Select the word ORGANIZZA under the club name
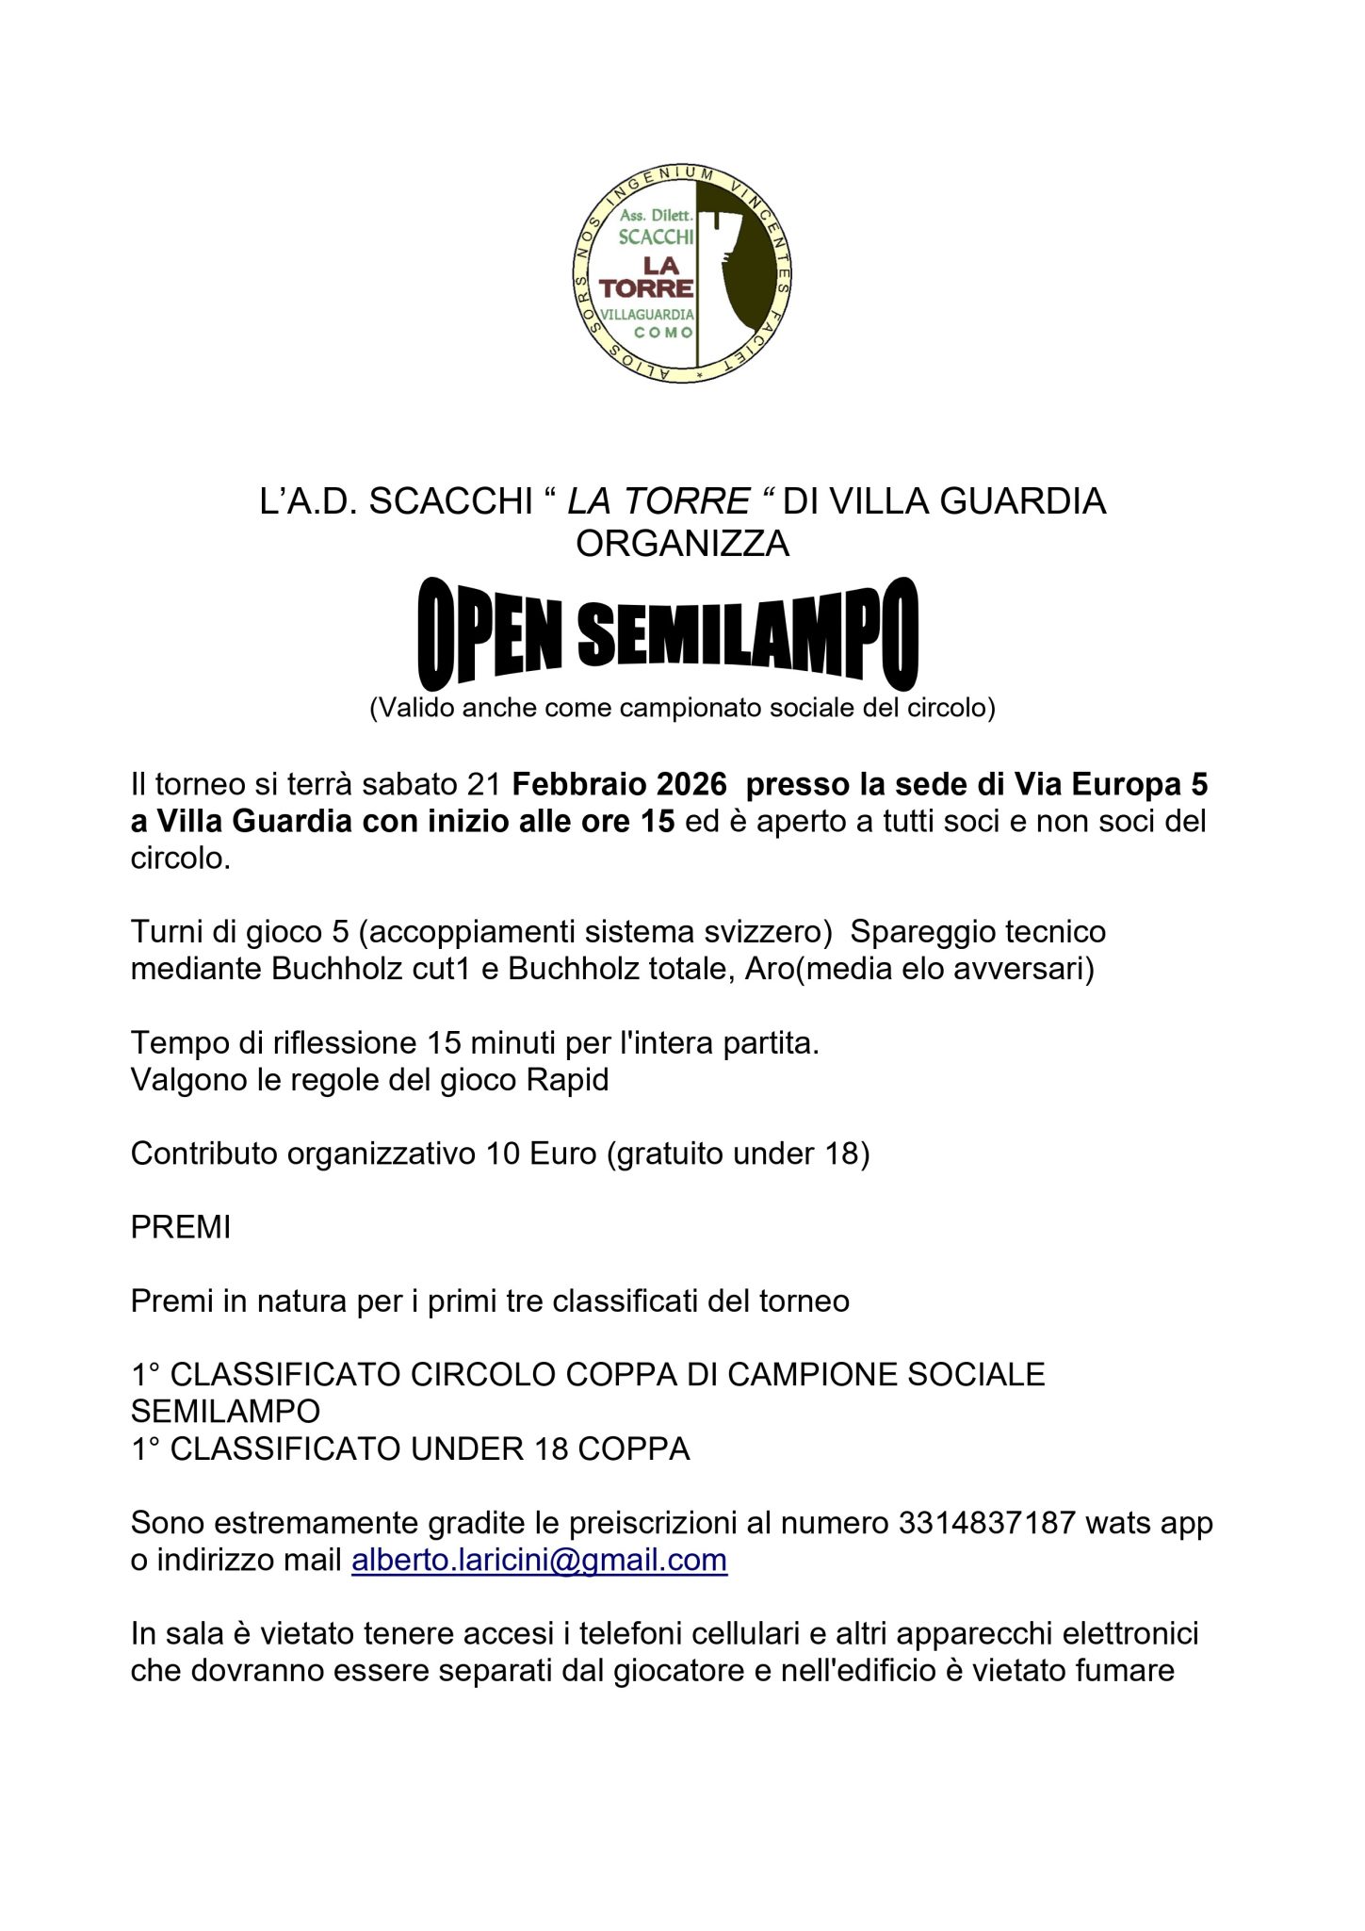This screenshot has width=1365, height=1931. point(682,544)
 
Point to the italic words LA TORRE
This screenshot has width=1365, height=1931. point(658,501)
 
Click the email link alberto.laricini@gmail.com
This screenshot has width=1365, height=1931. point(539,1560)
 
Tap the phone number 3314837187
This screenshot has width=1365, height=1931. point(986,1523)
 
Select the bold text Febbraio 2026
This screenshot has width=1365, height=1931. point(619,784)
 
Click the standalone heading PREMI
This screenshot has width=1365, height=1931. point(181,1227)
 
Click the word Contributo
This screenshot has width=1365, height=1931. point(204,1154)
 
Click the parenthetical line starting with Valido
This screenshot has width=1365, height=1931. point(682,708)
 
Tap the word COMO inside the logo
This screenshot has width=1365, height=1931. point(664,333)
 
